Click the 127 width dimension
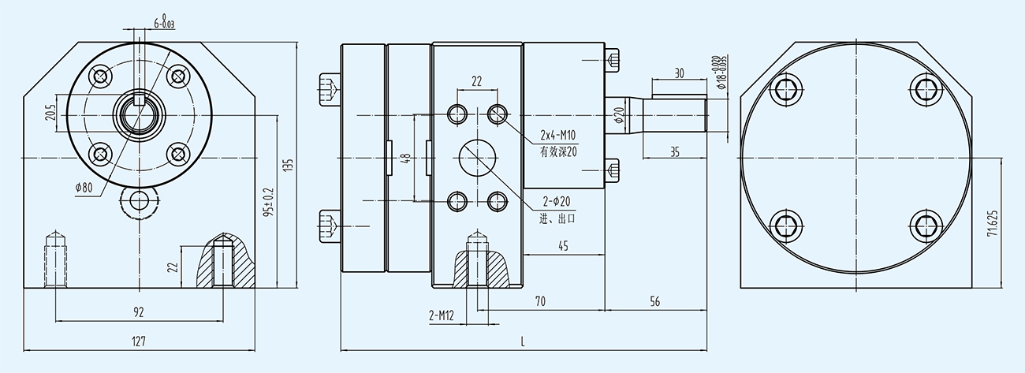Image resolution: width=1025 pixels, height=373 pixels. (139, 341)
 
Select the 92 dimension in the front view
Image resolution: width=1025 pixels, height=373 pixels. (139, 312)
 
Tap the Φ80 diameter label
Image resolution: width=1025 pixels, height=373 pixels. (84, 187)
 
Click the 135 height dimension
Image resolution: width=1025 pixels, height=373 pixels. (289, 166)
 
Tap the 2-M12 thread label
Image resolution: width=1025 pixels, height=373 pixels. (442, 316)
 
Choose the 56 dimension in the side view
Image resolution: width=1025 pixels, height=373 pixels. (655, 301)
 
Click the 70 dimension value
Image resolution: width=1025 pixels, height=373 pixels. (541, 301)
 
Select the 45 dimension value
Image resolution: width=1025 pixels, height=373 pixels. (563, 247)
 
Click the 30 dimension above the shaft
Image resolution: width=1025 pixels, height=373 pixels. (679, 73)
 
